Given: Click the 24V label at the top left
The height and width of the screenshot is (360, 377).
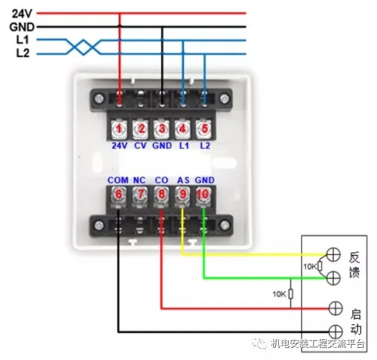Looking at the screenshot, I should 22,12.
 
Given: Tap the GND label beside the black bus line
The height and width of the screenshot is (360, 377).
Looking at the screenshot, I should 22,27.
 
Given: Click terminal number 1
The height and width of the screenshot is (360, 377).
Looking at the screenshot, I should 119,128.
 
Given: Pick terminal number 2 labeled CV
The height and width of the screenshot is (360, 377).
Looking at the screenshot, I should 140,128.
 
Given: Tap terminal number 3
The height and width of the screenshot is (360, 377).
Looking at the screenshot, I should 161,128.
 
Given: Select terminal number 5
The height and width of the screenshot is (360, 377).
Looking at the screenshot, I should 204,128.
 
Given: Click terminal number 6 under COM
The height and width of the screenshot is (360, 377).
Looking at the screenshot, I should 118,195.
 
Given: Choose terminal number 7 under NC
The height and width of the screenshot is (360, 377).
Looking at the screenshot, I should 139,195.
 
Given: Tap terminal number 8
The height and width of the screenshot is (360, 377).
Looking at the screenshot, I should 161,195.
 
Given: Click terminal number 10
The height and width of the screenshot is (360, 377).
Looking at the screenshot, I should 204,195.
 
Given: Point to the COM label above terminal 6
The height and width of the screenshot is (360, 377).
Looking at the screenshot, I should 118,180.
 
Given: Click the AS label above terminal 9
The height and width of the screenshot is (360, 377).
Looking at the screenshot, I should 183,180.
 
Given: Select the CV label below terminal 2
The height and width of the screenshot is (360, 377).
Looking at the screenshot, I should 140,145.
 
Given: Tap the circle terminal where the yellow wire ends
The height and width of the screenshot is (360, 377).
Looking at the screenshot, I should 333,255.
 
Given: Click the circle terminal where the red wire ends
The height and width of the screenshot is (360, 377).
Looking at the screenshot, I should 335,308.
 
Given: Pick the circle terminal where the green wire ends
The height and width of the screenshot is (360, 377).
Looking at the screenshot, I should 333,277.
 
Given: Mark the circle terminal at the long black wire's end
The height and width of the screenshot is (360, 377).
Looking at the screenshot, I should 335,331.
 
